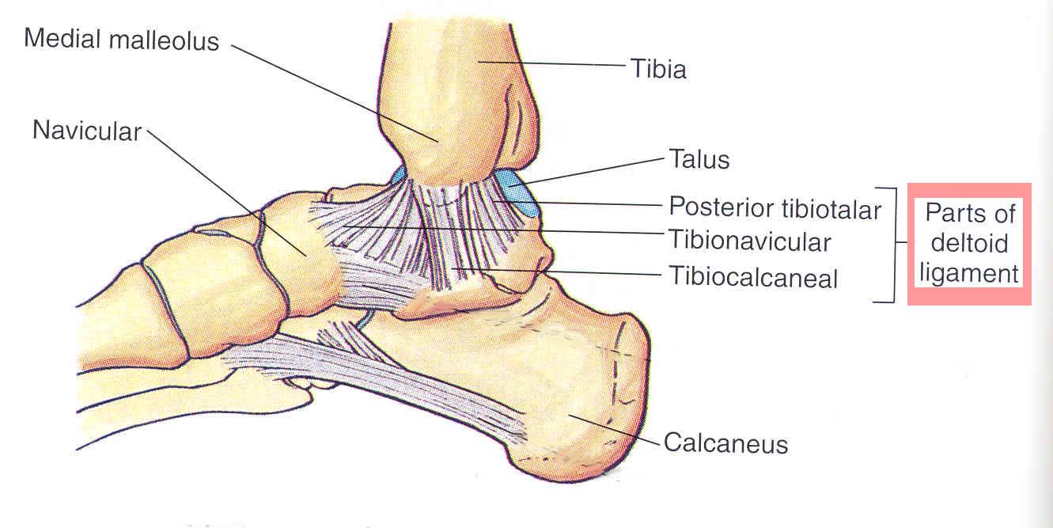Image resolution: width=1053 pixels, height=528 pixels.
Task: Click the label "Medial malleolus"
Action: [121, 39]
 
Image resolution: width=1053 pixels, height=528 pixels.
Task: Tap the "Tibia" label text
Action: [658, 69]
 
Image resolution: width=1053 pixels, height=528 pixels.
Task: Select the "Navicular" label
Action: [87, 131]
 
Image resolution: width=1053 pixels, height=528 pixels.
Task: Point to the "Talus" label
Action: [699, 158]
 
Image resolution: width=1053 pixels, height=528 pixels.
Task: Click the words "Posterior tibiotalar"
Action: [775, 207]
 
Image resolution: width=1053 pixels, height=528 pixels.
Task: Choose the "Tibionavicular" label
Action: [750, 241]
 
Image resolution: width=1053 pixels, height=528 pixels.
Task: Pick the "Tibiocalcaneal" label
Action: [753, 276]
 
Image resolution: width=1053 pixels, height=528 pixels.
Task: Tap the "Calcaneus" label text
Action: [725, 443]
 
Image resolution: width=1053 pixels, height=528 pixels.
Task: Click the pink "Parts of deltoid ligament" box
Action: [969, 244]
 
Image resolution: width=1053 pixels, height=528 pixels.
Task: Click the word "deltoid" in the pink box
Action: [969, 243]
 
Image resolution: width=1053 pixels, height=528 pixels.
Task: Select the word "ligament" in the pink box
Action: [969, 273]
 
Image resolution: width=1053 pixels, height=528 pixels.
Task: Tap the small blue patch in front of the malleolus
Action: [400, 175]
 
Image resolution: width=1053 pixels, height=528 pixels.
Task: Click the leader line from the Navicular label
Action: [227, 193]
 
